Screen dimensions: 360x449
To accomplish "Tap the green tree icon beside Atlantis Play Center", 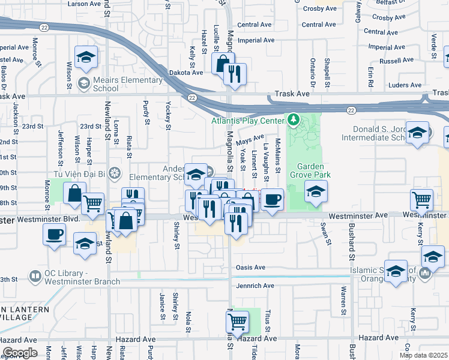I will tap(294, 119).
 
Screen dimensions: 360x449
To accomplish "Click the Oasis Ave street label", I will tap(250, 268).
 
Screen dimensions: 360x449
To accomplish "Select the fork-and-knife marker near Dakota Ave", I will tap(235, 73).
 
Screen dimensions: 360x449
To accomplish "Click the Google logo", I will tap(20, 353).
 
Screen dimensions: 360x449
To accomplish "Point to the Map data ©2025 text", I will tap(423, 355).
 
